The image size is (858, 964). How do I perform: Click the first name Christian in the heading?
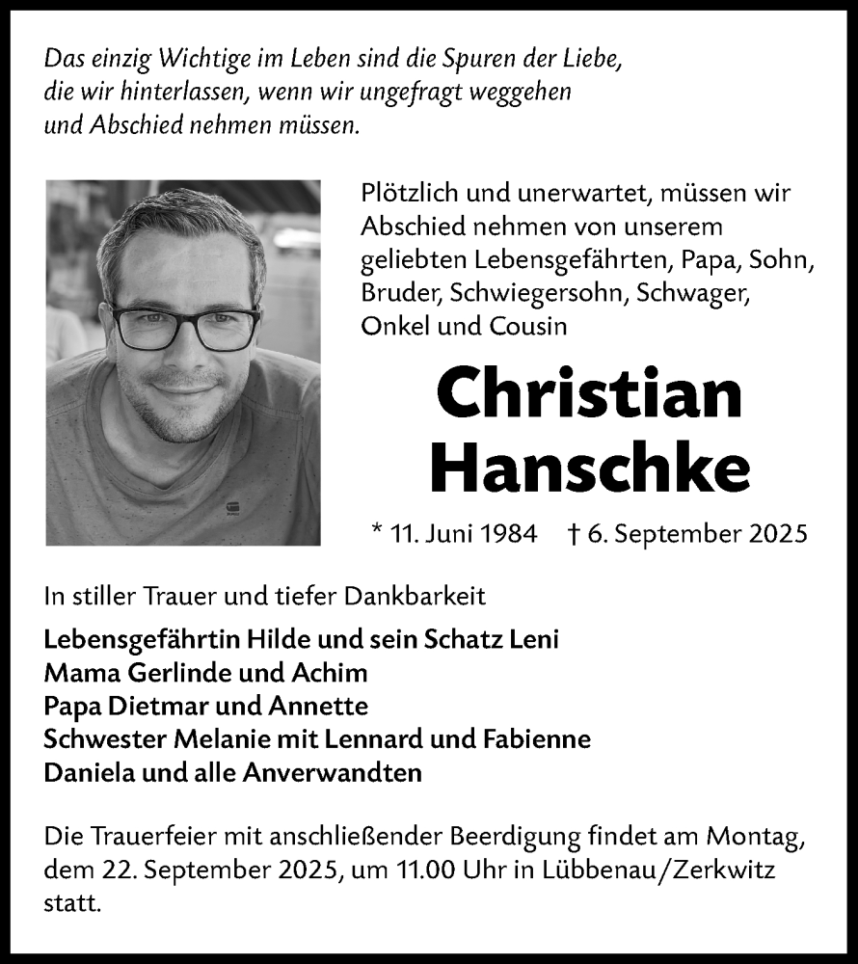[x=589, y=394]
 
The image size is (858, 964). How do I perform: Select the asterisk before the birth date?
[x=376, y=529]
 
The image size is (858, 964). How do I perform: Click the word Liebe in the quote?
[x=591, y=59]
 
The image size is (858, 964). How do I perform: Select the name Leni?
[x=534, y=639]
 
